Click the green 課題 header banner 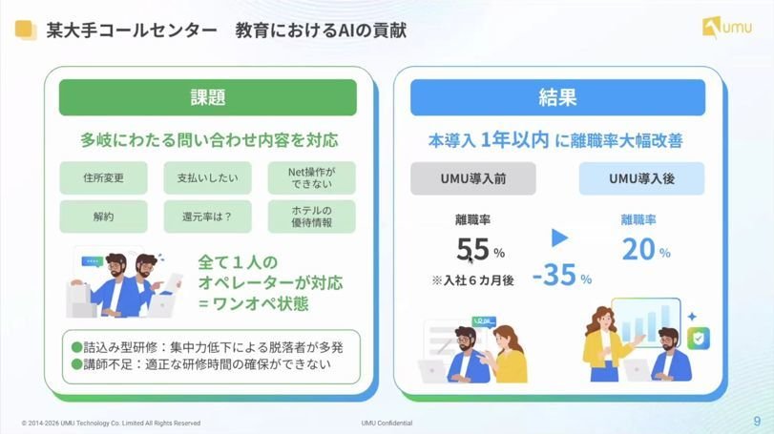tap(208, 97)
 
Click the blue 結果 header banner tap(557, 97)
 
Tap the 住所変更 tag tap(104, 177)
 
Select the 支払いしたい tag tap(208, 177)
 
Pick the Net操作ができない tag tap(312, 177)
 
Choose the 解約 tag tap(104, 216)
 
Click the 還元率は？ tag tap(208, 216)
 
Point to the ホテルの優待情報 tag tap(312, 216)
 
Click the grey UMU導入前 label tap(472, 178)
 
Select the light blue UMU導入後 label tap(641, 178)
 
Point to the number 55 tap(472, 249)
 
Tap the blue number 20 tap(638, 249)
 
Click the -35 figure tap(554, 275)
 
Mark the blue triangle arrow tap(559, 238)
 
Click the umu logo tap(727, 27)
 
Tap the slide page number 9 tap(757, 422)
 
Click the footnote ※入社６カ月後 tap(472, 280)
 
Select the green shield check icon tap(699, 339)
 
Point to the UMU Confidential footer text tap(387, 424)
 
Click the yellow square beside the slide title tap(26, 30)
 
